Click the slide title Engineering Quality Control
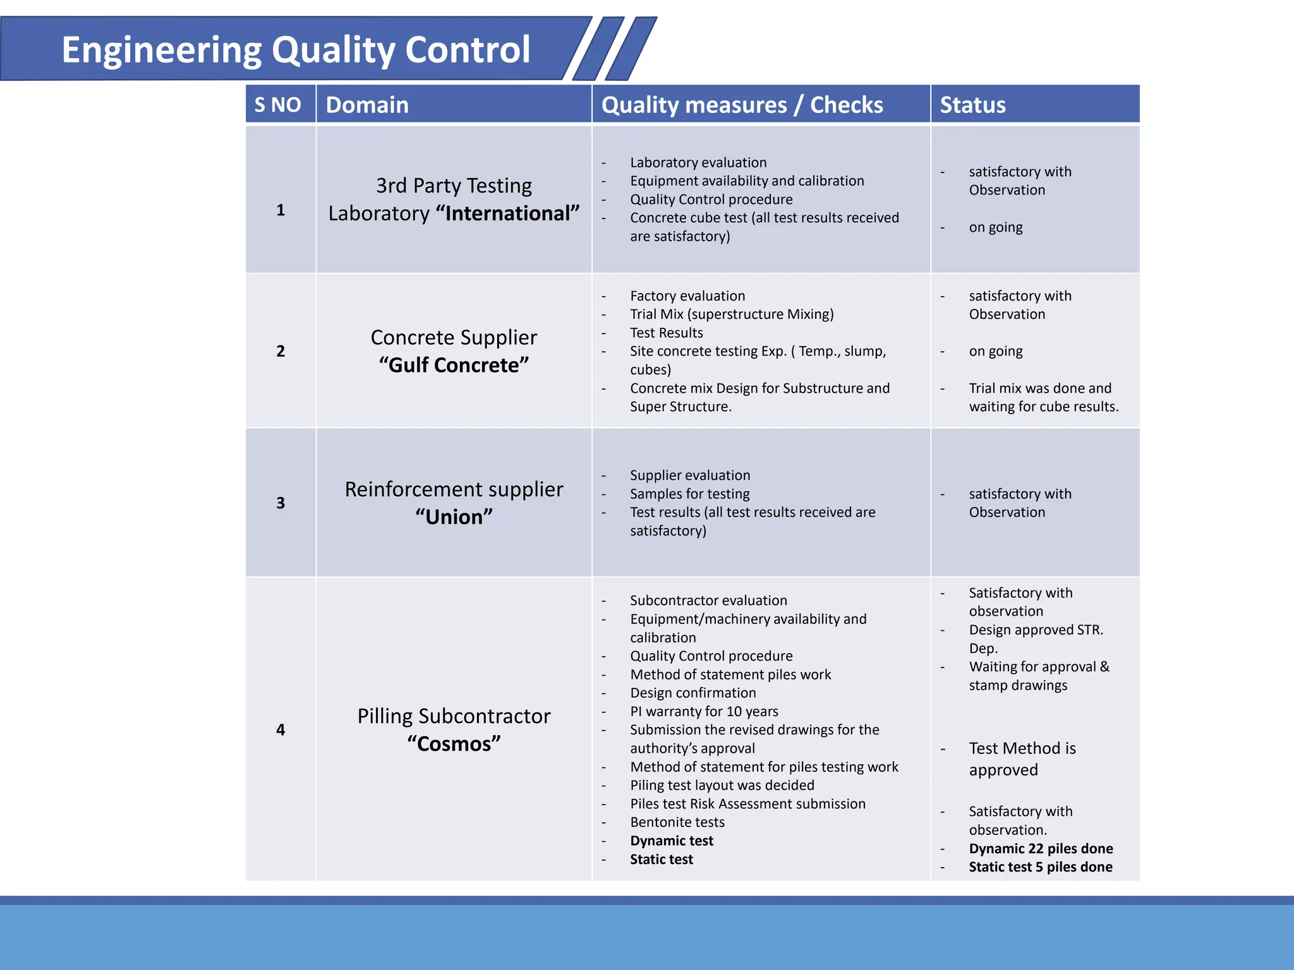tap(296, 50)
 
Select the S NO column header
tap(277, 105)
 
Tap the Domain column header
tap(367, 105)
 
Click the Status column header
tap(972, 105)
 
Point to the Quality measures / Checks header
tap(742, 105)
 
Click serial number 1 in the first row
tap(281, 210)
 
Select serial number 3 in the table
tap(281, 503)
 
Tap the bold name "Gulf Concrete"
tap(454, 365)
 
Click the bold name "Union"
tap(454, 517)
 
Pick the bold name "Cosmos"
tap(454, 744)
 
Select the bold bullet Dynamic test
tap(671, 841)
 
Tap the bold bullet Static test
tap(661, 859)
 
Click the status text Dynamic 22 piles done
tap(1041, 849)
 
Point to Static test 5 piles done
tap(1041, 867)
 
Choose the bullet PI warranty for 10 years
tap(704, 712)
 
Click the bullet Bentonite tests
tap(677, 822)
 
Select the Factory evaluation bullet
tap(687, 296)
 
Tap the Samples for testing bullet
tap(689, 494)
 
